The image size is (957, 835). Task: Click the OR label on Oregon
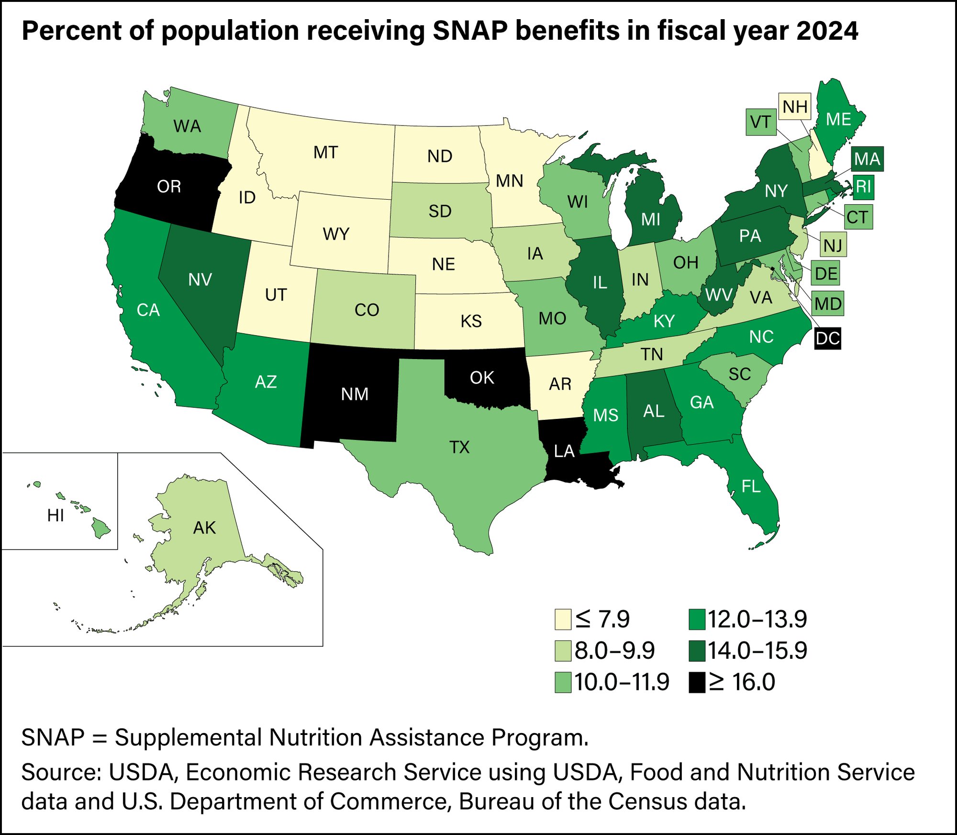(x=169, y=186)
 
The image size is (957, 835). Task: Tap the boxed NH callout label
(x=795, y=106)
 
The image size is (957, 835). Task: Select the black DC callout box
(x=827, y=338)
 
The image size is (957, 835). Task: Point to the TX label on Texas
(x=459, y=447)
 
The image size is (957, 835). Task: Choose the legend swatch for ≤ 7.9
(x=563, y=619)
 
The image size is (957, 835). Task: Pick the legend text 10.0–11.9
(x=621, y=682)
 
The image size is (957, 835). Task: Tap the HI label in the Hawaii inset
(x=56, y=516)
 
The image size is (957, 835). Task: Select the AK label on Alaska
(x=204, y=528)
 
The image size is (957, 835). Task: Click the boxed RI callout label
(x=863, y=187)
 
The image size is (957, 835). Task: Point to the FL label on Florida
(x=751, y=486)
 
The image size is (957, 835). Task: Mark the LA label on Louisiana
(x=564, y=451)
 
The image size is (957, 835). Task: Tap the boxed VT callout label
(x=760, y=122)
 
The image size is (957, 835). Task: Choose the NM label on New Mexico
(x=355, y=394)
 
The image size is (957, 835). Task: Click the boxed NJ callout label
(x=833, y=245)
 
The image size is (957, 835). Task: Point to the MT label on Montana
(x=325, y=153)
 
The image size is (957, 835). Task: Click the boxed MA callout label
(x=867, y=158)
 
